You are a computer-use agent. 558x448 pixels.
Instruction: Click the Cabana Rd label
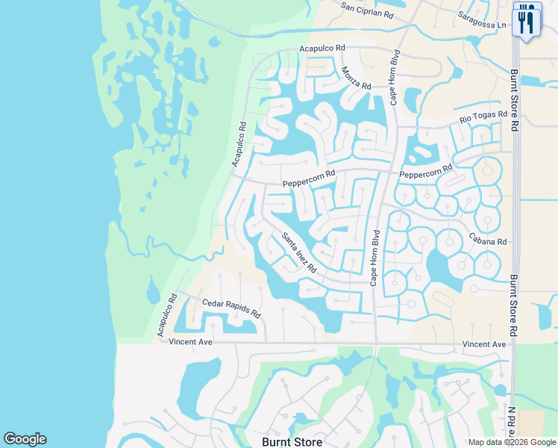tap(488, 241)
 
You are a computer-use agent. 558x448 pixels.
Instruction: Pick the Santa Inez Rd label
tap(299, 252)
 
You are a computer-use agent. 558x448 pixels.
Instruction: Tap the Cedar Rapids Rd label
tap(231, 308)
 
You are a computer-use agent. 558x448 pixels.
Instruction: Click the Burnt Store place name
tap(292, 441)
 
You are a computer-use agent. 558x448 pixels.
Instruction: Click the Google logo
tap(25, 439)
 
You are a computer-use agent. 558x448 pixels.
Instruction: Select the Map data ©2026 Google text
tap(512, 442)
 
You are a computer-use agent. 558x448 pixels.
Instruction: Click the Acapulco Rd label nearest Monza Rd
tap(322, 48)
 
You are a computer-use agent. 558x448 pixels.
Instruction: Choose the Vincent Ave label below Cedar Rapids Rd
tap(191, 342)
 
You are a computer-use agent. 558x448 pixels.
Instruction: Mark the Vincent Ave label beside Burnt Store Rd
tap(483, 344)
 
